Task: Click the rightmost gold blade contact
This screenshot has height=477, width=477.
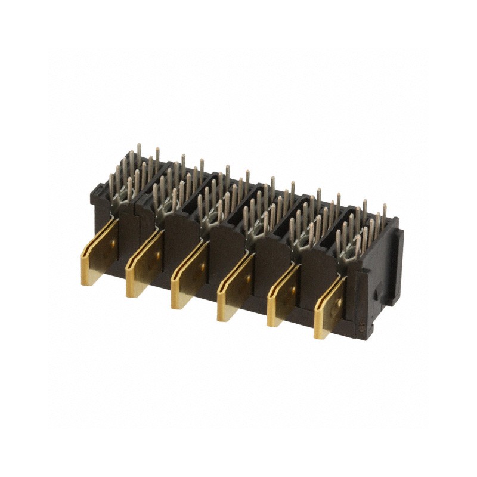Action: tap(329, 307)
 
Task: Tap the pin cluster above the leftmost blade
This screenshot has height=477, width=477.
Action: tap(135, 173)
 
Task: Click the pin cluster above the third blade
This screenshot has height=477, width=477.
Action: tap(221, 197)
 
